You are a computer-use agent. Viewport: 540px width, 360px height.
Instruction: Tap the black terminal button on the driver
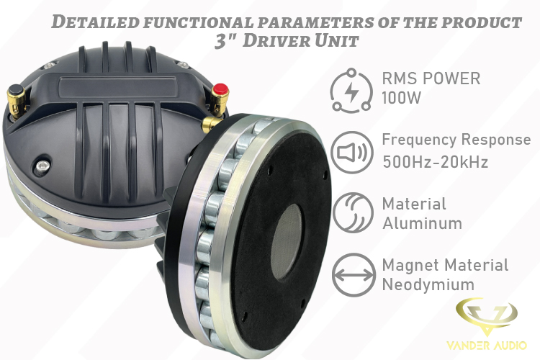(16, 91)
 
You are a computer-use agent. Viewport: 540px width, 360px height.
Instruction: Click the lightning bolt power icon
(351, 91)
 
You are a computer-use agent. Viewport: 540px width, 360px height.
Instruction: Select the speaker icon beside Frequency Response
(352, 152)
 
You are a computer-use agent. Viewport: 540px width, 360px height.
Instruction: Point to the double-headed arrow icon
(354, 275)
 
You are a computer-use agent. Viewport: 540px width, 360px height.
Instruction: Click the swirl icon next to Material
(353, 212)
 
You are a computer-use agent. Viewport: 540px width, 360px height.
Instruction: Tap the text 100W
(402, 98)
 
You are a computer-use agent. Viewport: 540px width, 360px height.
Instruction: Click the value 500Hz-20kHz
(436, 161)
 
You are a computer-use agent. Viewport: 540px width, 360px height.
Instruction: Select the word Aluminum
(422, 223)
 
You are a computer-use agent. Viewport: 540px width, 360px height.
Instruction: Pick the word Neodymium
(428, 284)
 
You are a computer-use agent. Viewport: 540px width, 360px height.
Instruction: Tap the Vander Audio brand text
(487, 345)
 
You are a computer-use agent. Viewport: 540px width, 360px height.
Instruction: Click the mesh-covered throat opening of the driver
(287, 240)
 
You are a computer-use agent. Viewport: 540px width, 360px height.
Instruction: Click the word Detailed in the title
(95, 22)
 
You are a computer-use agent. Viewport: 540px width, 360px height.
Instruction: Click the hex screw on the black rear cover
(43, 166)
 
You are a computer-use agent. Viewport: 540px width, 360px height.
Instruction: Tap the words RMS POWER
(431, 78)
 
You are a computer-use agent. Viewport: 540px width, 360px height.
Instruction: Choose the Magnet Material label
(445, 265)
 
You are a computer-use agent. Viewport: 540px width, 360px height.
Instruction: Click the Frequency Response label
(456, 140)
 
